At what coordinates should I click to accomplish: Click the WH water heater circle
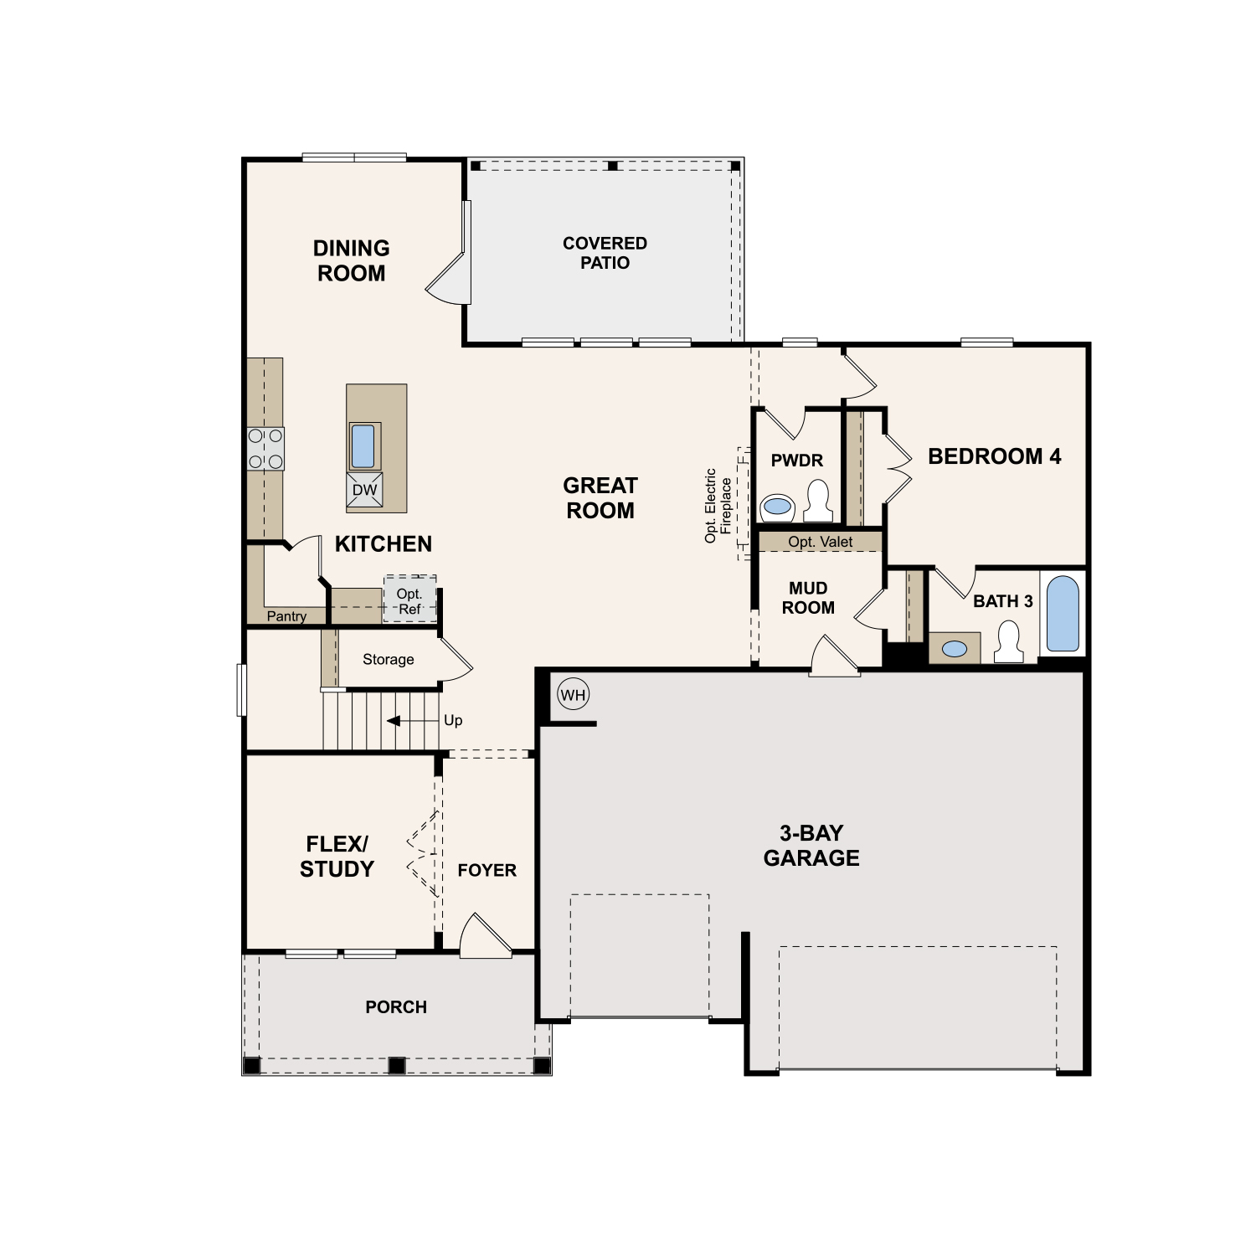tap(574, 694)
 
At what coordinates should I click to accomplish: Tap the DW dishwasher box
tap(364, 490)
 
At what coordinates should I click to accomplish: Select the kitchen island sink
tap(363, 446)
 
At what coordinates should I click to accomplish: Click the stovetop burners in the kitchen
tap(265, 448)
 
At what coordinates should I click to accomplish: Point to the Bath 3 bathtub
tap(1063, 613)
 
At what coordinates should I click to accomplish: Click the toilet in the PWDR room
tap(817, 502)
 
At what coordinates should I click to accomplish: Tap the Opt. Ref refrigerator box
tap(410, 599)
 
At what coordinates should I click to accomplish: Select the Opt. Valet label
tap(821, 542)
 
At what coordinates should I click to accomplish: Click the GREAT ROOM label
tap(600, 497)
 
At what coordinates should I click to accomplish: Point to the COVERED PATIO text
tap(605, 253)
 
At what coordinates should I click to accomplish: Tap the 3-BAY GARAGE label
tap(811, 845)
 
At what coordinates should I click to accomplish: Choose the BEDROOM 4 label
tap(995, 456)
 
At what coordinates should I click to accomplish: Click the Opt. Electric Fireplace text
tap(718, 505)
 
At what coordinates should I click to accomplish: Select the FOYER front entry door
tap(484, 936)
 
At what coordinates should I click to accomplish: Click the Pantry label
tap(286, 616)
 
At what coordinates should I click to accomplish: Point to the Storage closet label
tap(389, 659)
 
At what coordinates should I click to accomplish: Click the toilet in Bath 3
tap(1008, 642)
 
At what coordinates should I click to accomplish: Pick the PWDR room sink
tap(778, 506)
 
